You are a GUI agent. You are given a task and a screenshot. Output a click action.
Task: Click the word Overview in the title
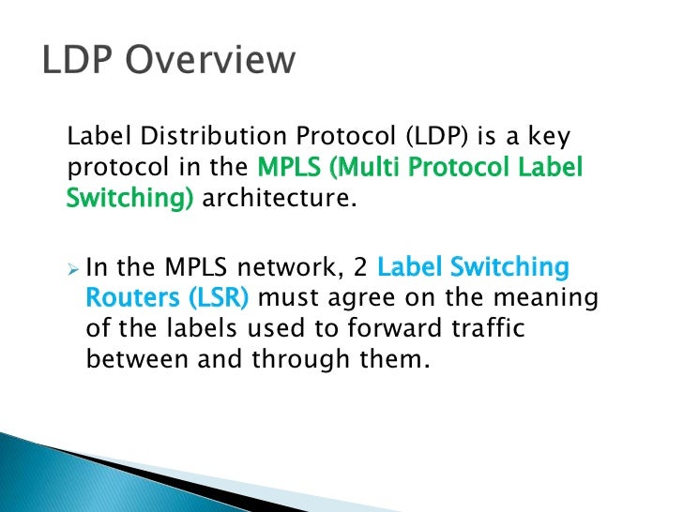(218, 61)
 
